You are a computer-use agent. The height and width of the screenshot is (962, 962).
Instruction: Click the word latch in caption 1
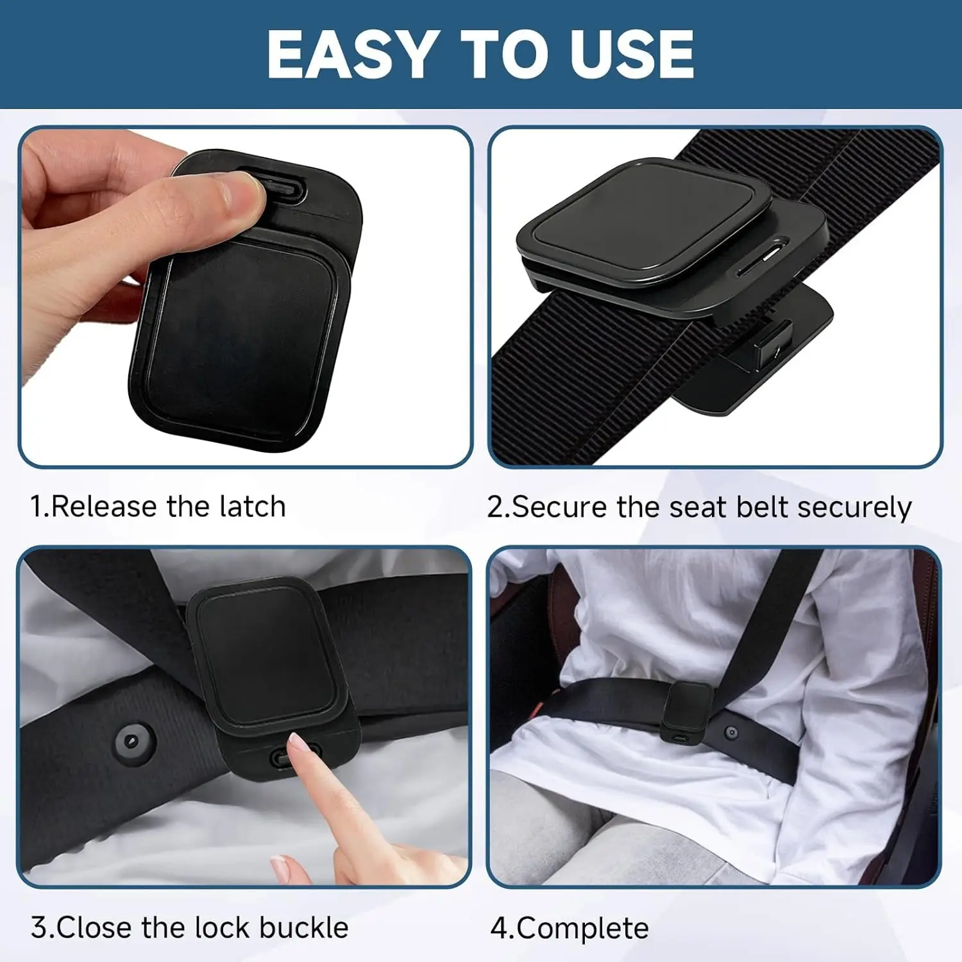[x=252, y=506]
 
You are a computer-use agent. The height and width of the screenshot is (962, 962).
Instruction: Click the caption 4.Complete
[x=570, y=929]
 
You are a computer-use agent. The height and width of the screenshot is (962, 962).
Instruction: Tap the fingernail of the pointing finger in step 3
[x=296, y=743]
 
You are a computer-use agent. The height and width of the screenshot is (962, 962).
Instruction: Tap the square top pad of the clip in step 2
[x=643, y=224]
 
